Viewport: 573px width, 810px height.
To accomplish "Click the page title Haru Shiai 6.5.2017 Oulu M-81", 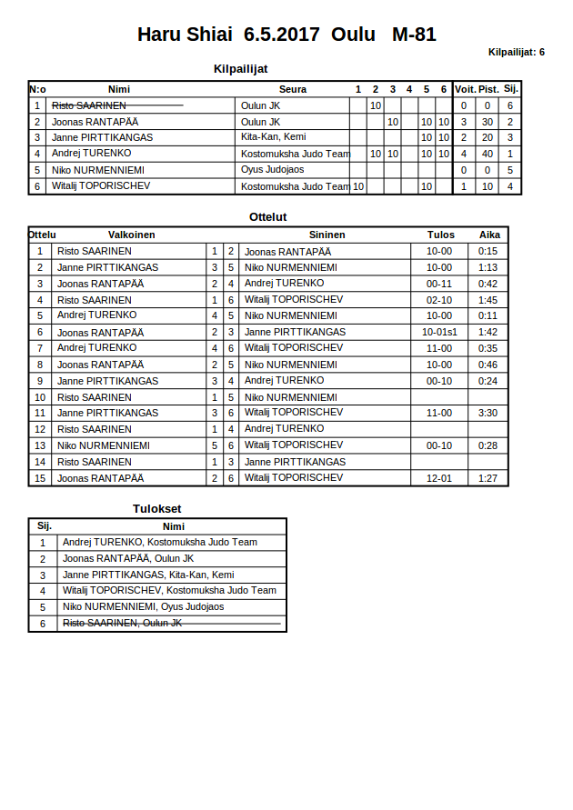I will pyautogui.click(x=286, y=35).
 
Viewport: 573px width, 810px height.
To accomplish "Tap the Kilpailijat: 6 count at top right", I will pyautogui.click(x=516, y=52).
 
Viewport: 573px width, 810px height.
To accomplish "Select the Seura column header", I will pyautogui.click(x=293, y=89).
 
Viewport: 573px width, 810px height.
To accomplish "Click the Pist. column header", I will pyautogui.click(x=488, y=89).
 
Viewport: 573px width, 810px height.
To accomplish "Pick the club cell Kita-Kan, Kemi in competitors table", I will pyautogui.click(x=273, y=137).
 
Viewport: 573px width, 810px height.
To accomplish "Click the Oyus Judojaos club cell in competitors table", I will pyautogui.click(x=272, y=170).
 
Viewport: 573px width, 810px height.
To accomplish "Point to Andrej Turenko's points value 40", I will pyautogui.click(x=488, y=154).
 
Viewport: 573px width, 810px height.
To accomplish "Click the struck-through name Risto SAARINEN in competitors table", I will pyautogui.click(x=89, y=105).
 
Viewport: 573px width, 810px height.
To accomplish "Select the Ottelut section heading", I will pyautogui.click(x=268, y=217).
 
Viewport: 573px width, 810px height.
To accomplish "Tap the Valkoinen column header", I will pyautogui.click(x=132, y=235).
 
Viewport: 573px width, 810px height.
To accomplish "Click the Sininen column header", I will pyautogui.click(x=327, y=235).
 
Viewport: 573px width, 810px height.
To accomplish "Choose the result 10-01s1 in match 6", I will pyautogui.click(x=439, y=332).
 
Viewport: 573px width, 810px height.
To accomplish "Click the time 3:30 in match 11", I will pyautogui.click(x=488, y=413).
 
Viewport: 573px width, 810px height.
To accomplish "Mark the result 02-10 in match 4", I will pyautogui.click(x=439, y=300).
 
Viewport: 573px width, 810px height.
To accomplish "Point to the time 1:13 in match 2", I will pyautogui.click(x=488, y=267).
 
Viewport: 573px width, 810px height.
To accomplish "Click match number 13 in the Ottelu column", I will pyautogui.click(x=40, y=445).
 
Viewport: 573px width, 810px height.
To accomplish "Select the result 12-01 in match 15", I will pyautogui.click(x=439, y=478).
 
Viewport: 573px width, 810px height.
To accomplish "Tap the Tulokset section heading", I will pyautogui.click(x=157, y=509).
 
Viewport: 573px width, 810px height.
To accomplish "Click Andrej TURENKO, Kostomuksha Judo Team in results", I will pyautogui.click(x=160, y=542).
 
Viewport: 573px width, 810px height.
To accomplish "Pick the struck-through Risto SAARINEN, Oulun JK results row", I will pyautogui.click(x=123, y=624).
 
